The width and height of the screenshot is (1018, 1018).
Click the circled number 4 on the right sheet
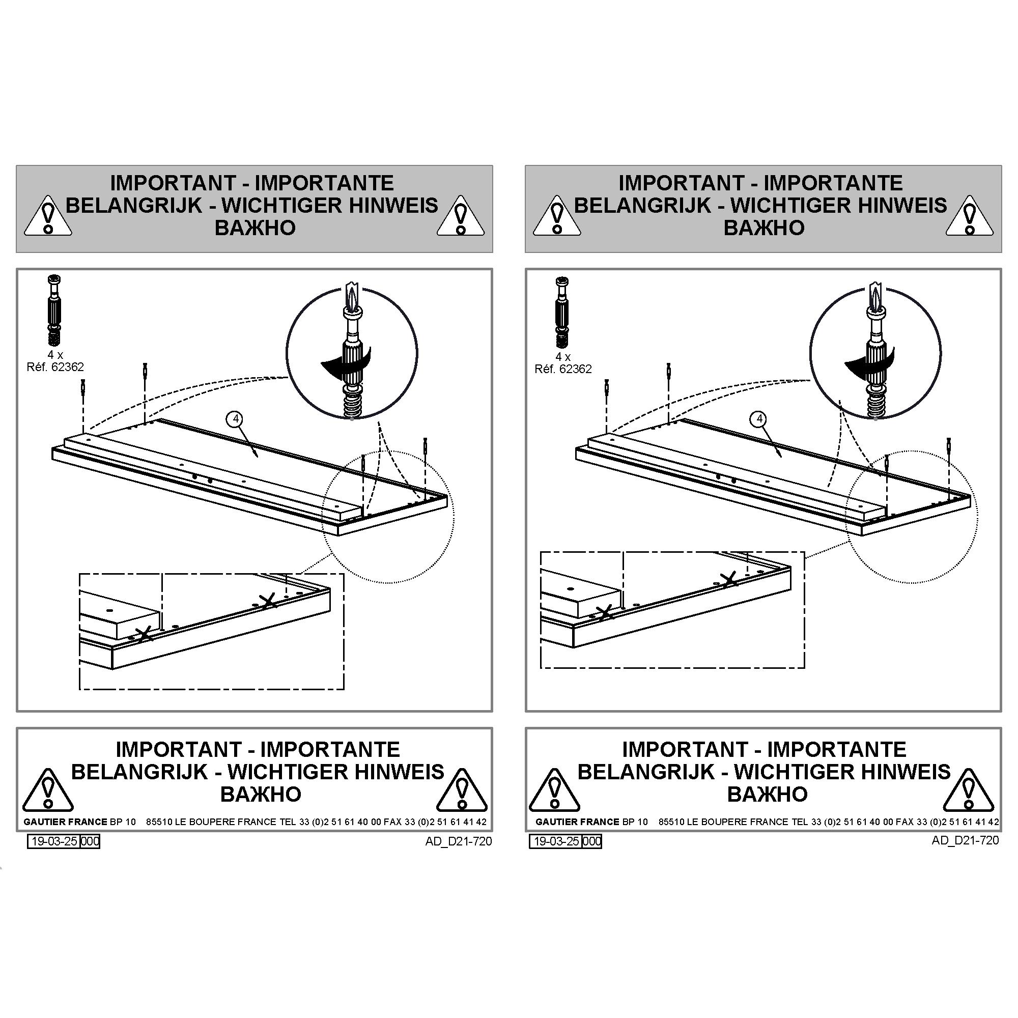tap(759, 419)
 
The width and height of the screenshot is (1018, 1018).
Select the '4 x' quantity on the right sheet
tap(563, 357)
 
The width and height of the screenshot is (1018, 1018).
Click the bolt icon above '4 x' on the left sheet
tap(54, 311)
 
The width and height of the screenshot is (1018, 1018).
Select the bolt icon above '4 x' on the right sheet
tap(563, 312)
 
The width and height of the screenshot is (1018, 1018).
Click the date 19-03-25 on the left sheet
tap(54, 841)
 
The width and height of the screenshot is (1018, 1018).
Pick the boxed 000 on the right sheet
tap(592, 841)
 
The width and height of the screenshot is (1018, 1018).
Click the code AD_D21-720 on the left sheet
tap(459, 841)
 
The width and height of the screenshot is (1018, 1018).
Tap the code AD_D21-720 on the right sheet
tap(965, 840)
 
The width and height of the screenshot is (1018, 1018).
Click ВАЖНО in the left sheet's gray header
tap(255, 228)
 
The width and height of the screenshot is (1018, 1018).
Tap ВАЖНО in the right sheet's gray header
tap(764, 228)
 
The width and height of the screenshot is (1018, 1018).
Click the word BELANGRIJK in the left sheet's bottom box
tap(139, 772)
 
